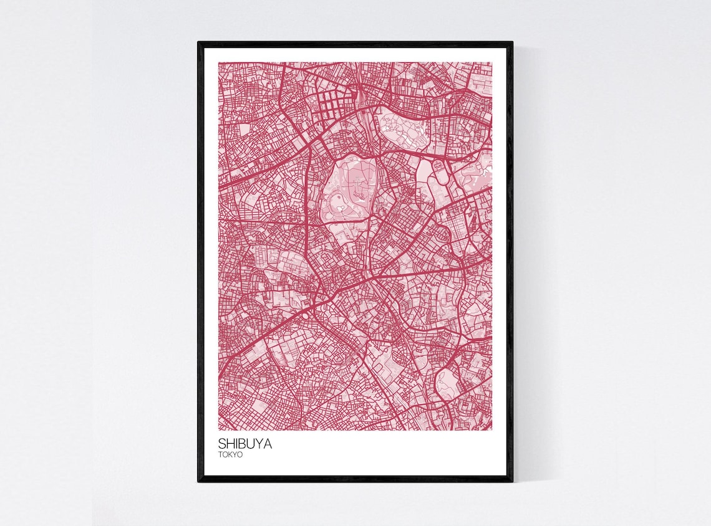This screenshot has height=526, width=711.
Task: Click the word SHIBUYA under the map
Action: point(245,444)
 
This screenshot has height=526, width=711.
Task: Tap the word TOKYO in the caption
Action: point(231,455)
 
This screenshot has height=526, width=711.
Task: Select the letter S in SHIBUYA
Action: point(222,444)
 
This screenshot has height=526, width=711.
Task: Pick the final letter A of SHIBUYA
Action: point(268,444)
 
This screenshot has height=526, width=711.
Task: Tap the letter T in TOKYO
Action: point(221,455)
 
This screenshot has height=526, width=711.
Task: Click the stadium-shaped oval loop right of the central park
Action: point(440,175)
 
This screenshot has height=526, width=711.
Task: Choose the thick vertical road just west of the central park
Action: point(307,199)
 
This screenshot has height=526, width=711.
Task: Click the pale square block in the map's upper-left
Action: point(244,128)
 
